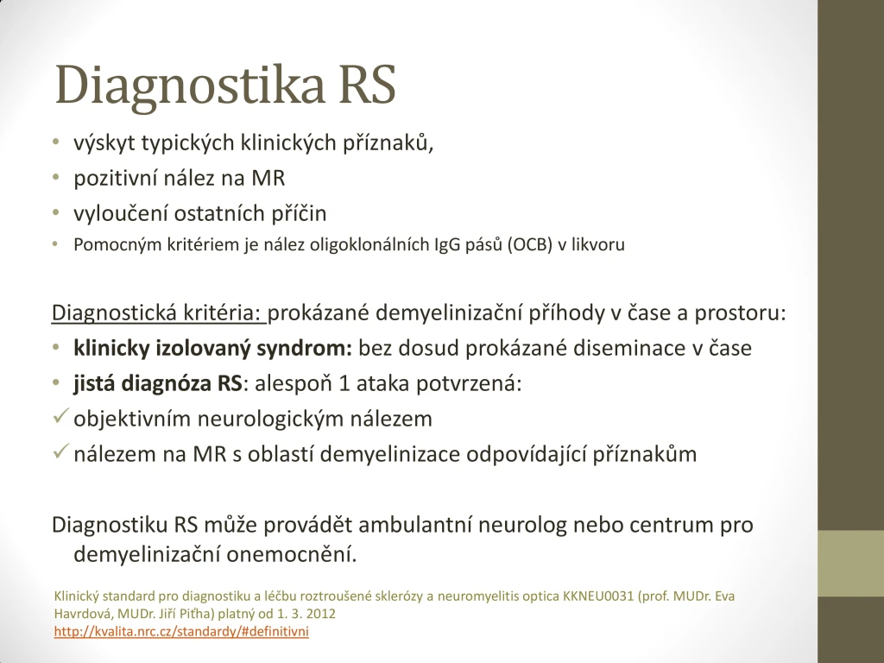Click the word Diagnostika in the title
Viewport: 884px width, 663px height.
tap(189, 85)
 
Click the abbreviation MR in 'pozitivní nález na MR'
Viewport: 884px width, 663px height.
tap(268, 178)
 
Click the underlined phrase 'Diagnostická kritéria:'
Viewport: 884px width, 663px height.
tap(158, 313)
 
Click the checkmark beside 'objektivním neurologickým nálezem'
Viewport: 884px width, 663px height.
tap(61, 417)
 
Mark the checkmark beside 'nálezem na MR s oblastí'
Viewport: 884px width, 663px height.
tap(61, 451)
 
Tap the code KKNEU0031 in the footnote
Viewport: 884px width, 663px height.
tap(598, 597)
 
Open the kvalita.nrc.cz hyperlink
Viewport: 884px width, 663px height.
tap(181, 631)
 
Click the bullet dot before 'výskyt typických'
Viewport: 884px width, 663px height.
tap(56, 142)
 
